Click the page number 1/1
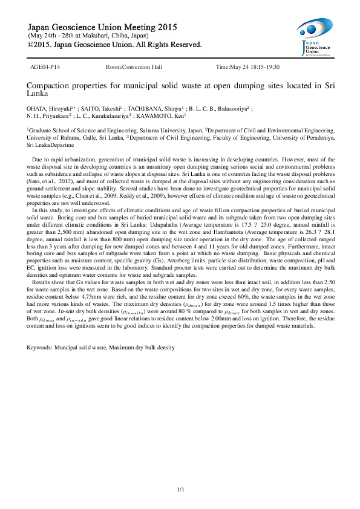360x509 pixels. click(180, 489)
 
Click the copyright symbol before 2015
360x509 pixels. click(31, 45)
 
